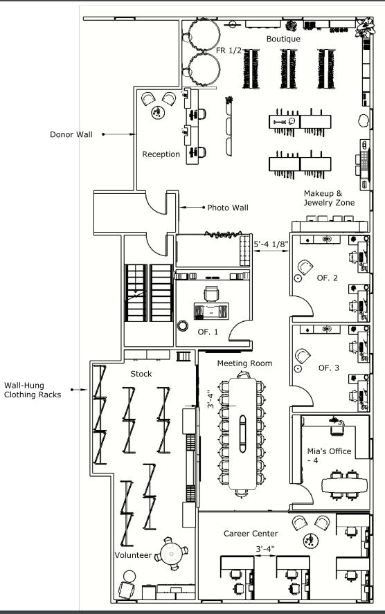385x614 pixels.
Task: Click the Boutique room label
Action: click(x=283, y=39)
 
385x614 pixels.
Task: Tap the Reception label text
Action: click(x=161, y=154)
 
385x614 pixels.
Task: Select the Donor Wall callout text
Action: click(x=71, y=134)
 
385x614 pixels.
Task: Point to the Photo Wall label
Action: click(x=228, y=208)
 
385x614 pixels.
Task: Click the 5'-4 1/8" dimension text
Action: click(x=271, y=244)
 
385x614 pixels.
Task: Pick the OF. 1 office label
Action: click(x=208, y=332)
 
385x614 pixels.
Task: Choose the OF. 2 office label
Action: click(x=327, y=278)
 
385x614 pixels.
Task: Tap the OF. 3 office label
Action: click(x=329, y=368)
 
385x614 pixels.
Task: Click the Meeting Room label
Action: click(x=245, y=363)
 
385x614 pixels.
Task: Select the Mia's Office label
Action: click(x=329, y=455)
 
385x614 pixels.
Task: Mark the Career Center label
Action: click(x=251, y=533)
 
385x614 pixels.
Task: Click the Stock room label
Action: click(x=141, y=374)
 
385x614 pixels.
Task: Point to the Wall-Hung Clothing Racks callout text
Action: click(x=33, y=390)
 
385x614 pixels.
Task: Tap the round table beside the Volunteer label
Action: click(x=171, y=554)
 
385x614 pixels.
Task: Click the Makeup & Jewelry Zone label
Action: click(x=329, y=198)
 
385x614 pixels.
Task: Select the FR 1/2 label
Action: click(x=229, y=51)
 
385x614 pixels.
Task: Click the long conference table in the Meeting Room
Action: click(x=243, y=434)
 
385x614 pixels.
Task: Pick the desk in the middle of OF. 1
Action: click(x=211, y=311)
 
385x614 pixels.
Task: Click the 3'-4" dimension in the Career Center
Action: click(x=265, y=549)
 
